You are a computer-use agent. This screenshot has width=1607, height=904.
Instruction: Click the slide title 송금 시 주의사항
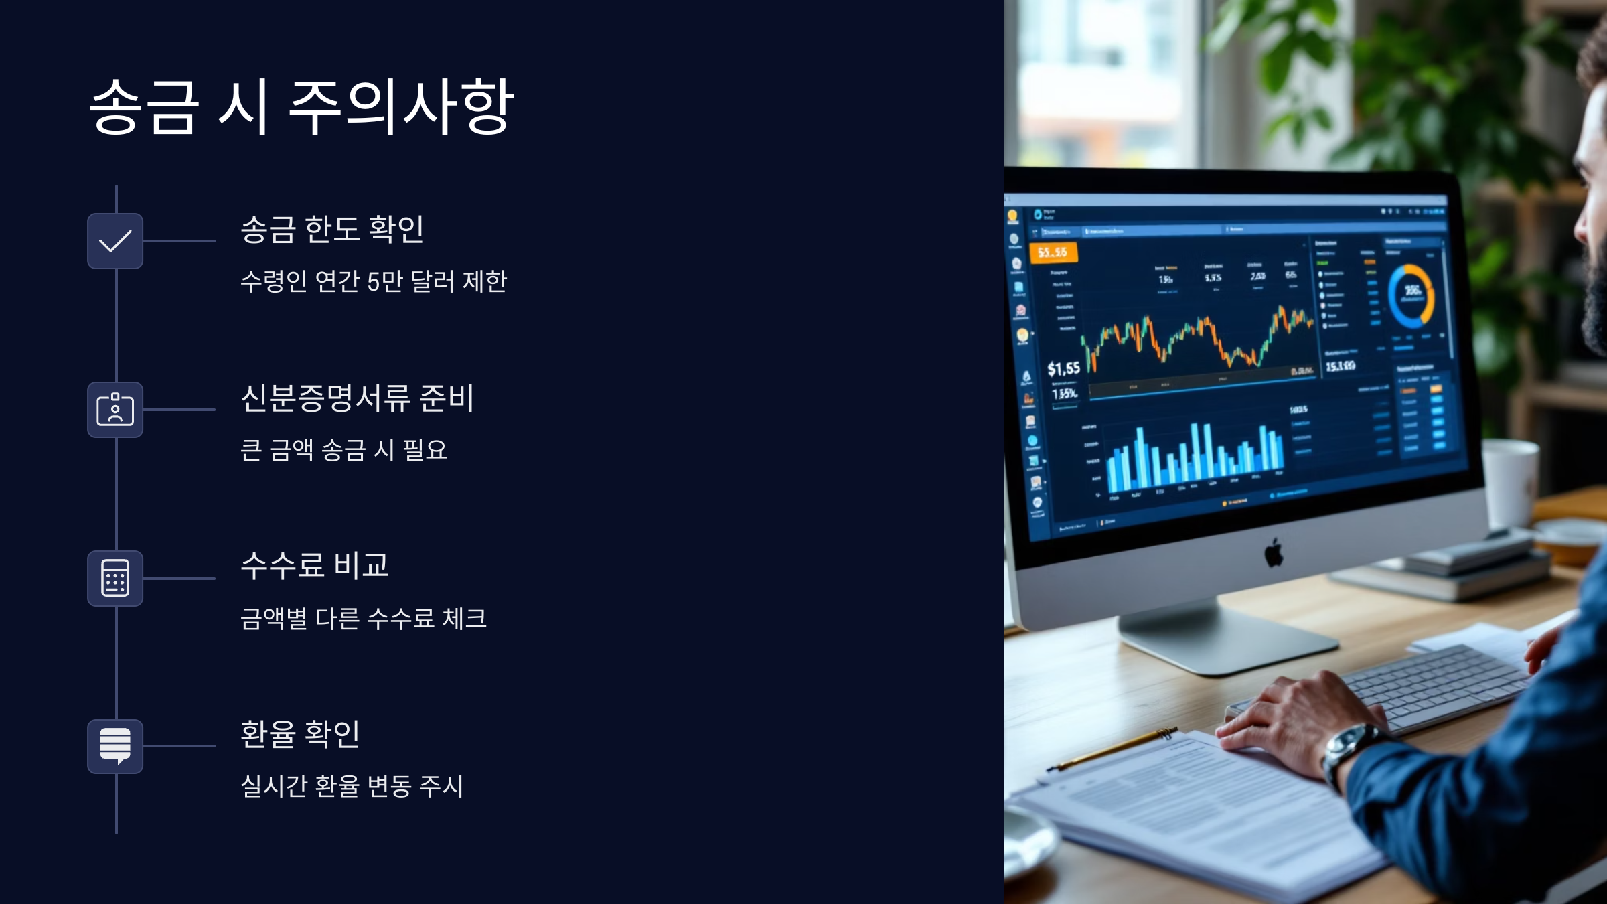click(x=301, y=107)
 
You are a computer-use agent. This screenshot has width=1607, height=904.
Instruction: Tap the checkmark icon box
click(x=115, y=241)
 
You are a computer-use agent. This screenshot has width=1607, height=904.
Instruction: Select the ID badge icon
click(x=115, y=410)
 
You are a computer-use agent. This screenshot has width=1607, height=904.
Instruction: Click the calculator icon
click(x=115, y=579)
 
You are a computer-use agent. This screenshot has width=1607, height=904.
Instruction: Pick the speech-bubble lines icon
click(x=115, y=746)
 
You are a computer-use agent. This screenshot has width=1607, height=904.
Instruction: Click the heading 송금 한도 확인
click(x=332, y=229)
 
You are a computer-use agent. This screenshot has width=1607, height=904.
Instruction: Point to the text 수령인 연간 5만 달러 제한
click(x=374, y=281)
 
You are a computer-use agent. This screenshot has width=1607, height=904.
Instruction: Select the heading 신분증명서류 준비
click(x=358, y=398)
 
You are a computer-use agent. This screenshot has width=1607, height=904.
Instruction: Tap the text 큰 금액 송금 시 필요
click(x=343, y=450)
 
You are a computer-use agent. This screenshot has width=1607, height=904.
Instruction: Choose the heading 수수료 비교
click(x=315, y=566)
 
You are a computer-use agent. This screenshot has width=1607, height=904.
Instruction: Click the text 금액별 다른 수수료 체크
click(x=364, y=619)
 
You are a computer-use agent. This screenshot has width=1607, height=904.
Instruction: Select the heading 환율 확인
click(x=301, y=734)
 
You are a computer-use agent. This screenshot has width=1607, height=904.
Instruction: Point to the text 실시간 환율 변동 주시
click(x=352, y=786)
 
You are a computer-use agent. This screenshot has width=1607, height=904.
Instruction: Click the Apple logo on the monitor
click(x=1274, y=553)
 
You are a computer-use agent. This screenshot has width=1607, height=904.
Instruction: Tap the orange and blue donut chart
click(x=1411, y=296)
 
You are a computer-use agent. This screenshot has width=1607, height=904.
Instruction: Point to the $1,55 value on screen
click(x=1063, y=368)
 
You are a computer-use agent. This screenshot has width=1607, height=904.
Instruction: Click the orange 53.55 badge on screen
click(x=1053, y=252)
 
